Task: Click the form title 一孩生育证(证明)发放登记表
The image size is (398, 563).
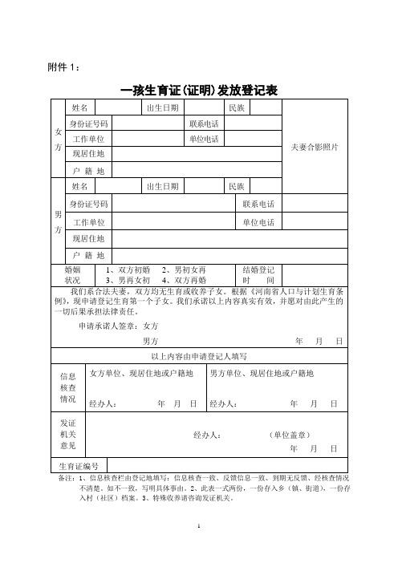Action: pos(199,91)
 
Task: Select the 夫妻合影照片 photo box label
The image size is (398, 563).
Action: pos(315,148)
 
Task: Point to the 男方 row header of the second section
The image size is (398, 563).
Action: pos(57,221)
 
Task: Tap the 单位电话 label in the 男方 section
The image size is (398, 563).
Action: pos(258,221)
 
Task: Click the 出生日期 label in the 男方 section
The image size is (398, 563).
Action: pos(162,187)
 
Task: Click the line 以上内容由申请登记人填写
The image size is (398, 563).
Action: pos(198,356)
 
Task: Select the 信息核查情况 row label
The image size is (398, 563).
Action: pos(68,387)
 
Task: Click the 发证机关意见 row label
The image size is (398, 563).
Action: pos(68,434)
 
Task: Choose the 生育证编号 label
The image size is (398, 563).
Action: pos(79,465)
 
